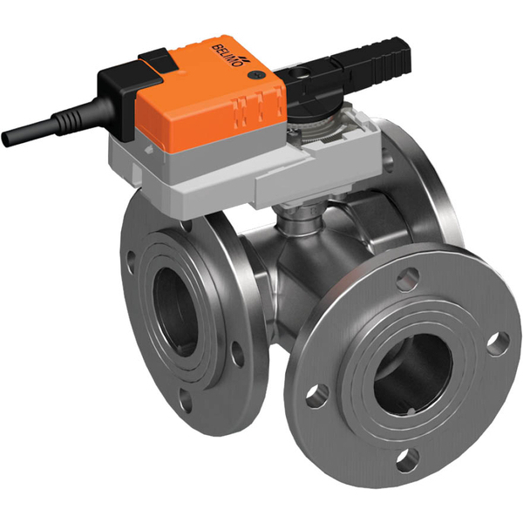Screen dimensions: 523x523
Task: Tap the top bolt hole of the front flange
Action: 404,280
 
